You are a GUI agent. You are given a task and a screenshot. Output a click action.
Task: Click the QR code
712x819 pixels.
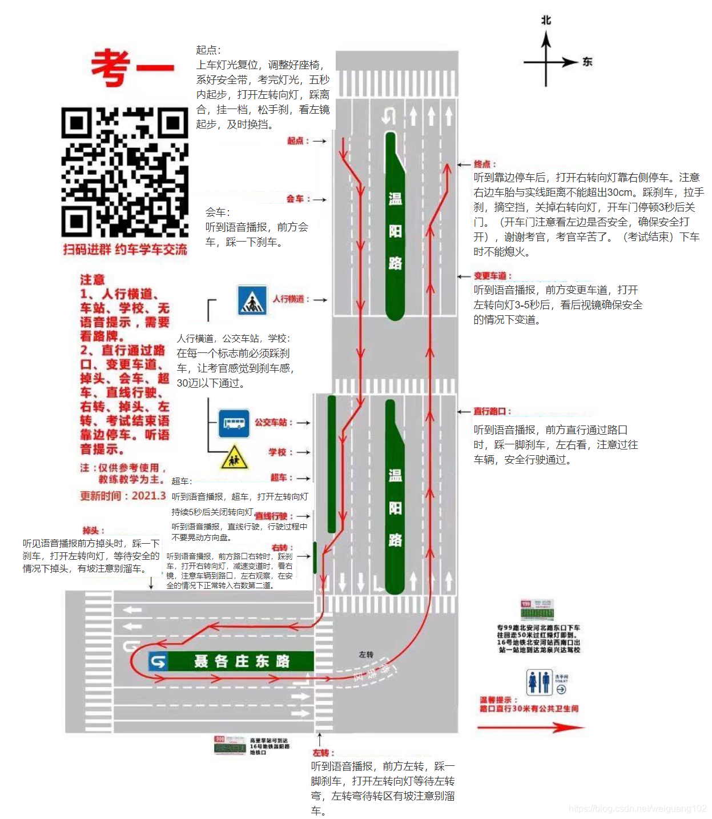click(124, 172)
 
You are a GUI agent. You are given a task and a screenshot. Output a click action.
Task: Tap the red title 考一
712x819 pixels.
click(132, 68)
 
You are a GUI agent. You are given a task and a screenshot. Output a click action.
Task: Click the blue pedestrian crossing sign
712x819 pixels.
click(252, 300)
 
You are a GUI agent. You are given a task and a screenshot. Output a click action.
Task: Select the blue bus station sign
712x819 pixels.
click(234, 423)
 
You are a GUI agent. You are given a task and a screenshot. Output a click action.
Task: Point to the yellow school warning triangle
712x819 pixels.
click(234, 457)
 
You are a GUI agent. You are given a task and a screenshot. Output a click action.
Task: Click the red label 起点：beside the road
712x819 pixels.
click(298, 141)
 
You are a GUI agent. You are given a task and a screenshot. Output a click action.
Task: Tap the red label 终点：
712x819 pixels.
click(485, 164)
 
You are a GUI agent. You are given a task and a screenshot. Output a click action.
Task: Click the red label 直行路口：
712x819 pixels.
click(492, 412)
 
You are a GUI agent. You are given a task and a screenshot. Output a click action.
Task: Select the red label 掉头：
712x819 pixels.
click(93, 530)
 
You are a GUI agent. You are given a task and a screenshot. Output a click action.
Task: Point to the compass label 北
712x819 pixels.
click(546, 21)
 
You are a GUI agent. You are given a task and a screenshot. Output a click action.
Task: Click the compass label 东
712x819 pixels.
click(588, 62)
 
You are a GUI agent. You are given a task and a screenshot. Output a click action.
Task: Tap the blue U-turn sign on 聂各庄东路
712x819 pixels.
click(158, 661)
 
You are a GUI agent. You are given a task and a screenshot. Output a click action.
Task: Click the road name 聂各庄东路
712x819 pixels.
click(242, 661)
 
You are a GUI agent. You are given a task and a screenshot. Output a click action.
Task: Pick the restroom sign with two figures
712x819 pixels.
click(539, 682)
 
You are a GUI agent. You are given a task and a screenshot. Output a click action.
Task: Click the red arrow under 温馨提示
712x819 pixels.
click(530, 728)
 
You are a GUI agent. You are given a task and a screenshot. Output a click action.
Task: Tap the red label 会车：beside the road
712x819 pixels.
click(298, 199)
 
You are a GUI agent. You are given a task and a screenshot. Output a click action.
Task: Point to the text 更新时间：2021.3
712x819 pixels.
click(123, 496)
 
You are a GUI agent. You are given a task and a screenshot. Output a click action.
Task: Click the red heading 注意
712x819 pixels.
click(92, 279)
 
